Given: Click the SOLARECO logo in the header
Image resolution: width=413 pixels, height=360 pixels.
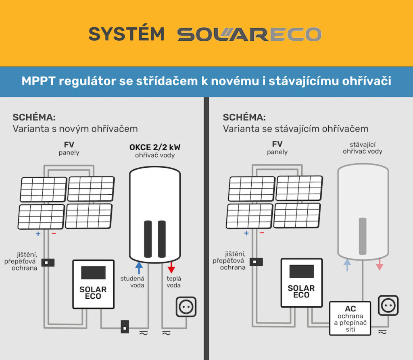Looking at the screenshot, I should [x=249, y=34].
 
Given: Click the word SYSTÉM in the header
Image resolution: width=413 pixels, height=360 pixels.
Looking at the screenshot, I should [x=127, y=34].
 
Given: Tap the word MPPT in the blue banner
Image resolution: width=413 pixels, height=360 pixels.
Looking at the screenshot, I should [x=38, y=81].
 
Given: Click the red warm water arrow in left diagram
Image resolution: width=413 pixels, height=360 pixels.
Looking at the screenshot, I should [x=171, y=267].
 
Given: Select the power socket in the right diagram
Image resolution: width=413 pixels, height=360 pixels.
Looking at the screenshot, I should [x=388, y=305].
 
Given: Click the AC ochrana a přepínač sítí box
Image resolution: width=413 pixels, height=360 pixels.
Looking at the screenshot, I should [x=350, y=318].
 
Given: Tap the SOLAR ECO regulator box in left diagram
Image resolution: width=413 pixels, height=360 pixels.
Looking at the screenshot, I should [x=93, y=284].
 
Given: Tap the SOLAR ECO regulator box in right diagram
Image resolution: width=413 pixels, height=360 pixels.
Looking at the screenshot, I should [x=301, y=283].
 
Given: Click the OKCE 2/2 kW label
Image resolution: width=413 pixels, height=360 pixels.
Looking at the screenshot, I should [x=154, y=146].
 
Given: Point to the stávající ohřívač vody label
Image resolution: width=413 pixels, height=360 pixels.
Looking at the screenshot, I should [x=363, y=148].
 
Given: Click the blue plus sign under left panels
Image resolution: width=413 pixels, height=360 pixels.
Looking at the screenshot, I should [x=38, y=233].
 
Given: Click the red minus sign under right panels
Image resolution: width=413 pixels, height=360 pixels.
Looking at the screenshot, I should [x=262, y=233].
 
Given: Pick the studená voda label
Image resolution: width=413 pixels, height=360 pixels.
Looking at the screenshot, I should [x=132, y=282].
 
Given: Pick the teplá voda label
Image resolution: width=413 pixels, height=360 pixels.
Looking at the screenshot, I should [x=173, y=282].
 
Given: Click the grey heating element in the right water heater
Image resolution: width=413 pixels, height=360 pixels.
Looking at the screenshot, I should [x=363, y=236].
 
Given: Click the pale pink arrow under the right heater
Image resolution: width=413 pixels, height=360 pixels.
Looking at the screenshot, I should [x=380, y=265].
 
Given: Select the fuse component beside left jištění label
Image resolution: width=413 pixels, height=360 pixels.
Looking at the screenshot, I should [x=48, y=262].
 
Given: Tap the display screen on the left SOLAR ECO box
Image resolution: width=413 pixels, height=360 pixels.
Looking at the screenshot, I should [x=93, y=273].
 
